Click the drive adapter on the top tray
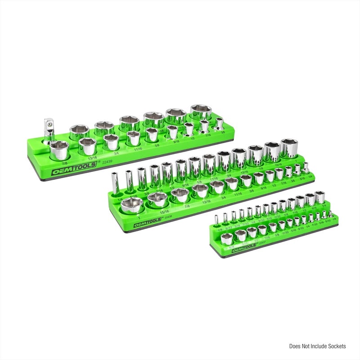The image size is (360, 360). (48, 127)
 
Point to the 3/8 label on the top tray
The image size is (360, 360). (222, 132)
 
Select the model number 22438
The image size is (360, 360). (169, 217)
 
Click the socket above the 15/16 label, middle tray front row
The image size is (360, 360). (157, 198)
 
